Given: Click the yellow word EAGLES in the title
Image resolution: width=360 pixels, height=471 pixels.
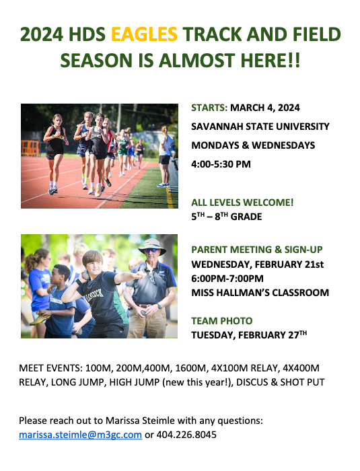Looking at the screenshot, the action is pos(144,34).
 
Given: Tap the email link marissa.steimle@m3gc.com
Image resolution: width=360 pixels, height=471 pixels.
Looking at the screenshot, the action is pos(80,435).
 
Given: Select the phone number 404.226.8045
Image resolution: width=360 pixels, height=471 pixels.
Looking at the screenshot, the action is pos(186,435).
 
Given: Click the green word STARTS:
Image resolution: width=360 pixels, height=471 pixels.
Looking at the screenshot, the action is pos(209,108).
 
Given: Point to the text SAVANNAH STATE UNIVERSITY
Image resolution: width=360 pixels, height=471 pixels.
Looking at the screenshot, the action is pos(260,126).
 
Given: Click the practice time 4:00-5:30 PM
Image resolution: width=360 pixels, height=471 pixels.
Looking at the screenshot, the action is pos(221,164).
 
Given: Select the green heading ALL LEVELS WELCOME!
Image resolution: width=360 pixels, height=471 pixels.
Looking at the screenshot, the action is pos(242,203).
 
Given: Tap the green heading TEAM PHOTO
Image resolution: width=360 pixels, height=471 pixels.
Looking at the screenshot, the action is pos(222,321).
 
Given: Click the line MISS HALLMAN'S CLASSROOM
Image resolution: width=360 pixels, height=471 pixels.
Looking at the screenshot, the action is pos(260,293).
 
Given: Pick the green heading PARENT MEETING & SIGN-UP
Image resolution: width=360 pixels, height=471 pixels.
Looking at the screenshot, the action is pos(257,250).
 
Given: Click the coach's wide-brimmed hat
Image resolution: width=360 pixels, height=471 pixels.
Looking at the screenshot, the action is pos(152,246).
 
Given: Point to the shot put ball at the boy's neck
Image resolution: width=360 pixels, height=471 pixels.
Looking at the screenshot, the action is pos(86,275).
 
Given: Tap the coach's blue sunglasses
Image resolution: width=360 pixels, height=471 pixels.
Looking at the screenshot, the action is pos(151,250).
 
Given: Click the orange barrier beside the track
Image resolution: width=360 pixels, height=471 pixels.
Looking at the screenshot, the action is pos(30,147).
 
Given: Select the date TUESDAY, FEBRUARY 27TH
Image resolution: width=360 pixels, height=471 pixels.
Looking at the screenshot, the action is pos(249,334).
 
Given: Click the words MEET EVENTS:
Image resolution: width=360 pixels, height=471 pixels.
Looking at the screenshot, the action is pos(50,368).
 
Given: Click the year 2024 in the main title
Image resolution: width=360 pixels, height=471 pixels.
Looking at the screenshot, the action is pos(42,34).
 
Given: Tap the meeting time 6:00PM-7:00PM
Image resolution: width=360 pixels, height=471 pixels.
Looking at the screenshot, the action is pos(227,279).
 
